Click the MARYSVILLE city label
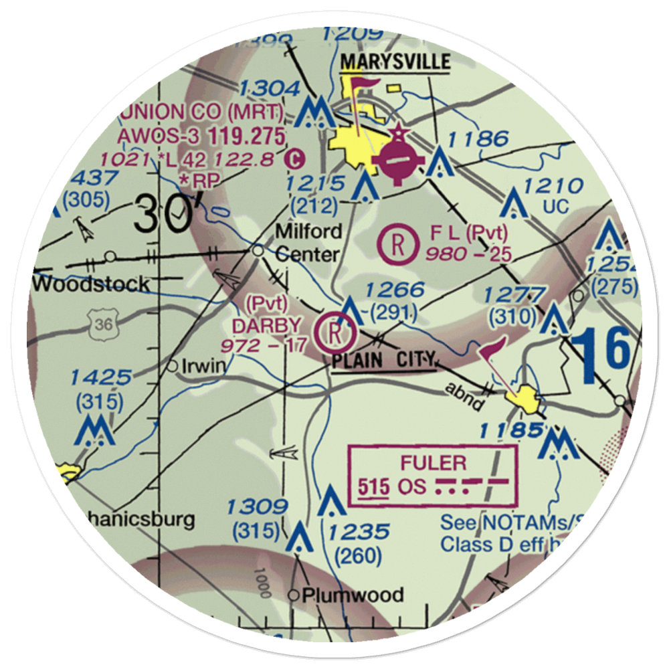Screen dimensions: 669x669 pyautogui.click(x=395, y=62)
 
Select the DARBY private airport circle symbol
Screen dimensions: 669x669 pyautogui.click(x=334, y=332)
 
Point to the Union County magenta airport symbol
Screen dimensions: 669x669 pyautogui.click(x=400, y=161)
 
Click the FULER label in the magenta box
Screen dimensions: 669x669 pyautogui.click(x=433, y=462)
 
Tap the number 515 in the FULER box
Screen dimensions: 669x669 pyautogui.click(x=373, y=486)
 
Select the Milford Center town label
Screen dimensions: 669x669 pyautogui.click(x=308, y=243)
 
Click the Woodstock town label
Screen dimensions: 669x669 pyautogui.click(x=92, y=284)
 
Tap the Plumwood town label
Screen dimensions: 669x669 pyautogui.click(x=353, y=595)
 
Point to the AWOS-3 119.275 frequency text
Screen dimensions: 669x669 pyautogui.click(x=201, y=136)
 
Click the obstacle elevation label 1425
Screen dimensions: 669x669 pyautogui.click(x=103, y=377)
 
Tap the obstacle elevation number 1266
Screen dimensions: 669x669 pyautogui.click(x=395, y=290)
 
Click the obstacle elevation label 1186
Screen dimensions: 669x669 pyautogui.click(x=479, y=139)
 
